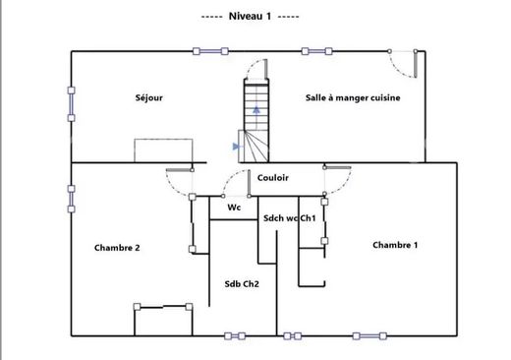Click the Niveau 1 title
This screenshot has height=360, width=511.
[x=250, y=16]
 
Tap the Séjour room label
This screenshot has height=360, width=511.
[x=149, y=97]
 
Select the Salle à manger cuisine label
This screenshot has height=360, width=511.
[x=353, y=97]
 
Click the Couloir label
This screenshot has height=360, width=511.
[x=273, y=178]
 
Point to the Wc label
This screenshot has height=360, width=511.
[x=234, y=208]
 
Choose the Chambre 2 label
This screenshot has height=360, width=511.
[x=117, y=248]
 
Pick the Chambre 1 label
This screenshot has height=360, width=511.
[x=395, y=245]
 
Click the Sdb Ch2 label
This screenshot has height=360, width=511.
[x=242, y=284]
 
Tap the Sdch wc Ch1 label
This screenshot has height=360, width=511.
[x=290, y=218]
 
